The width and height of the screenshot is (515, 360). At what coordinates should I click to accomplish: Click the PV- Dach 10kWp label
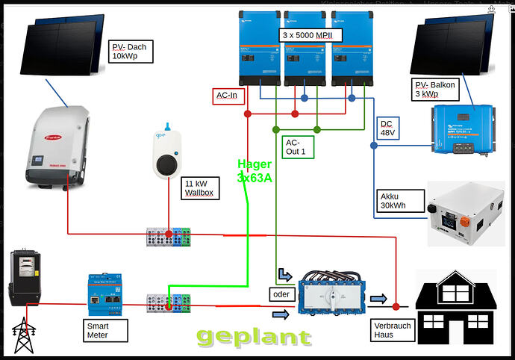(131, 52)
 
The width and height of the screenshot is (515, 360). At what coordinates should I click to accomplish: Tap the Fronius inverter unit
(57, 146)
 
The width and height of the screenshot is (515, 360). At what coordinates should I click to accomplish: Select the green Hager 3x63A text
(255, 171)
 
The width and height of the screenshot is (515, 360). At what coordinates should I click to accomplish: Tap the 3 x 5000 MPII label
(311, 34)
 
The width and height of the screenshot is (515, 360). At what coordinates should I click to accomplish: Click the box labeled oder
(281, 294)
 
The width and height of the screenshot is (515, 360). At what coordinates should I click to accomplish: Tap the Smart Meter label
(104, 330)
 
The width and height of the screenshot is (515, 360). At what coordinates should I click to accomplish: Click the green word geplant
(255, 336)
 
